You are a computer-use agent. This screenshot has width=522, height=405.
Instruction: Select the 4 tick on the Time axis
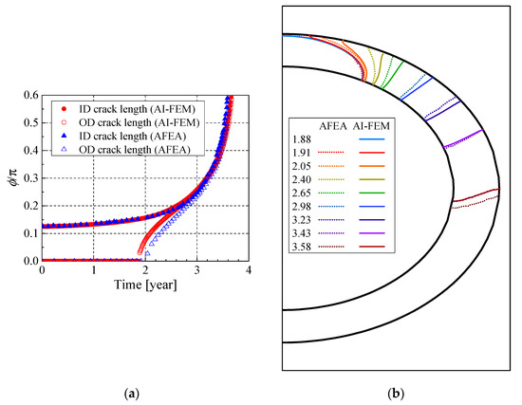[248, 270]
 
